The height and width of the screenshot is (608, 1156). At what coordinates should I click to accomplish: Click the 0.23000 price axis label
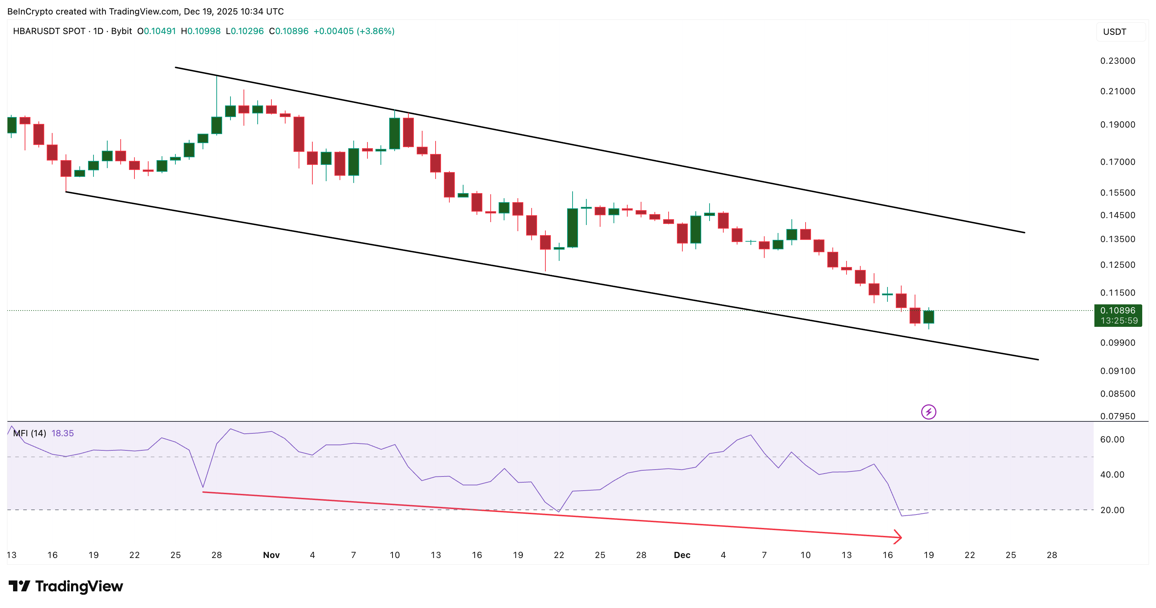click(1118, 61)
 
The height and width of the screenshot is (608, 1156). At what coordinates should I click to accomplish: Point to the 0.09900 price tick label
click(1118, 343)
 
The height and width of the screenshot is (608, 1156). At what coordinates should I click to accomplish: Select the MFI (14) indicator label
click(30, 433)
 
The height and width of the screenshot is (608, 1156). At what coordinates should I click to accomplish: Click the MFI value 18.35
click(62, 433)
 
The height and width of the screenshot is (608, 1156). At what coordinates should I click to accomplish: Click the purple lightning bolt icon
click(928, 412)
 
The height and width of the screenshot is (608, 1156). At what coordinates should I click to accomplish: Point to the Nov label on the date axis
click(271, 555)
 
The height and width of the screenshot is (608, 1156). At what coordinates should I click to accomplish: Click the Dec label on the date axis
click(682, 555)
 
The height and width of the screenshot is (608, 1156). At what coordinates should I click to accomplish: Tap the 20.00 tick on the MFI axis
click(1112, 510)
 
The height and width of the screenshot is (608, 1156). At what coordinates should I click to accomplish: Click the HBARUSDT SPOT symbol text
click(49, 31)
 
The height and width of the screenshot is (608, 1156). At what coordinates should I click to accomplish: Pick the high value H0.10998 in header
click(201, 31)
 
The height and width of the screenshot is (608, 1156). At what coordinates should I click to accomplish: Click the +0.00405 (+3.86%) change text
click(354, 31)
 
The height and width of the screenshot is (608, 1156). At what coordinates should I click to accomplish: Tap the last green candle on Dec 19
click(928, 317)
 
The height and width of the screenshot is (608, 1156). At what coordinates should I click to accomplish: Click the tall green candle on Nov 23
click(572, 228)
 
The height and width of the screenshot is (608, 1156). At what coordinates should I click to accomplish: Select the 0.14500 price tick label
click(1118, 215)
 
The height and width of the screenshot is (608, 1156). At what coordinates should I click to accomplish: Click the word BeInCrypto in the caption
click(30, 11)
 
